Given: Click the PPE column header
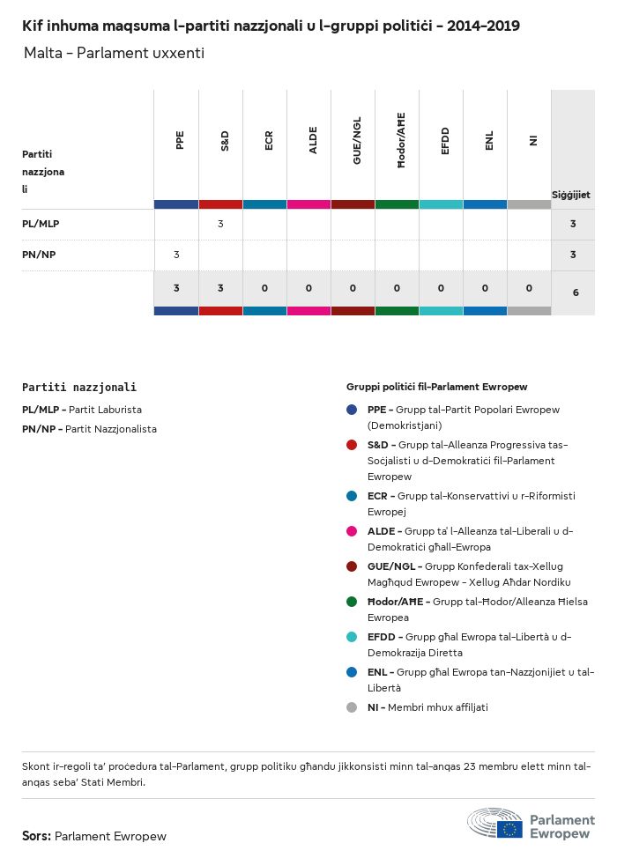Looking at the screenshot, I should pos(180,140).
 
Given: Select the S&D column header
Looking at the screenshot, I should pos(224,140).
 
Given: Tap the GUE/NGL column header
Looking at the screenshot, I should pos(356,140).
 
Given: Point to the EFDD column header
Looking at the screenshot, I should pos(444,140).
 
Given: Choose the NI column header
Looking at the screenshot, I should pos(532,140).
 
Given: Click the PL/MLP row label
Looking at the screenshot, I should pos(41,224).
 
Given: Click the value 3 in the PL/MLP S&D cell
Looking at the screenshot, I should pos(220,224).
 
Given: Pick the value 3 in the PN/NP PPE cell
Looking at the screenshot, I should pos(176,255).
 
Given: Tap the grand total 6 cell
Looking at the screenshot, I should pos(575,291).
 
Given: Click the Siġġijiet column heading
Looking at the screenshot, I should pos(570,195).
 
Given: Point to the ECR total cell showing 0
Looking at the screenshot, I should pos(264,288).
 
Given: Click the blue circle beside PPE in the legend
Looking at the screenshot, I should pos(352,410).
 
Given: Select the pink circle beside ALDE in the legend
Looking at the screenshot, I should pos(352,531).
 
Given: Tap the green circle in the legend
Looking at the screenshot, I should pos(352,602).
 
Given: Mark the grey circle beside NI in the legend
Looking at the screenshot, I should pos(352,707).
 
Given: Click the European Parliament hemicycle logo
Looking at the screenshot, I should pos(495,823).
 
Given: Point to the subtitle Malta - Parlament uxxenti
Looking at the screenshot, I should pos(114,54).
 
